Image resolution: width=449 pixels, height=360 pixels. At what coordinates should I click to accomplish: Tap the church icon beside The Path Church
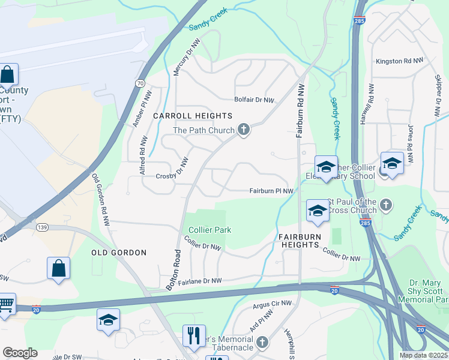244,130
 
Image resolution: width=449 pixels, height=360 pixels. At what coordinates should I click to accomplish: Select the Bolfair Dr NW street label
254,101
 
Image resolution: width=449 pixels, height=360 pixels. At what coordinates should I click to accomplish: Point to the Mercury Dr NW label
193,58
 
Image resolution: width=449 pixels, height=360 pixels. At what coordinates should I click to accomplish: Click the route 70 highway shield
140,83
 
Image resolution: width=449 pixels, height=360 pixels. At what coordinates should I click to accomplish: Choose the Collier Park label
210,230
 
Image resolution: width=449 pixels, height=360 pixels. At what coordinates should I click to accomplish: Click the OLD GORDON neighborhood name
118,253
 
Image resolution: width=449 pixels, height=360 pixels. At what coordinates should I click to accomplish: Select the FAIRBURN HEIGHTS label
298,241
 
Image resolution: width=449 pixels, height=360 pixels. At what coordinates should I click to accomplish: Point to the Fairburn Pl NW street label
271,191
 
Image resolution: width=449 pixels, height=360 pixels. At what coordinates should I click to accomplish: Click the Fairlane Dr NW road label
197,280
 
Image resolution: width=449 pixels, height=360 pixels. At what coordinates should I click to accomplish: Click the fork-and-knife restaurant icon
194,335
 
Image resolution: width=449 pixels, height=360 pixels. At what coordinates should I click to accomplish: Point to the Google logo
20,353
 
